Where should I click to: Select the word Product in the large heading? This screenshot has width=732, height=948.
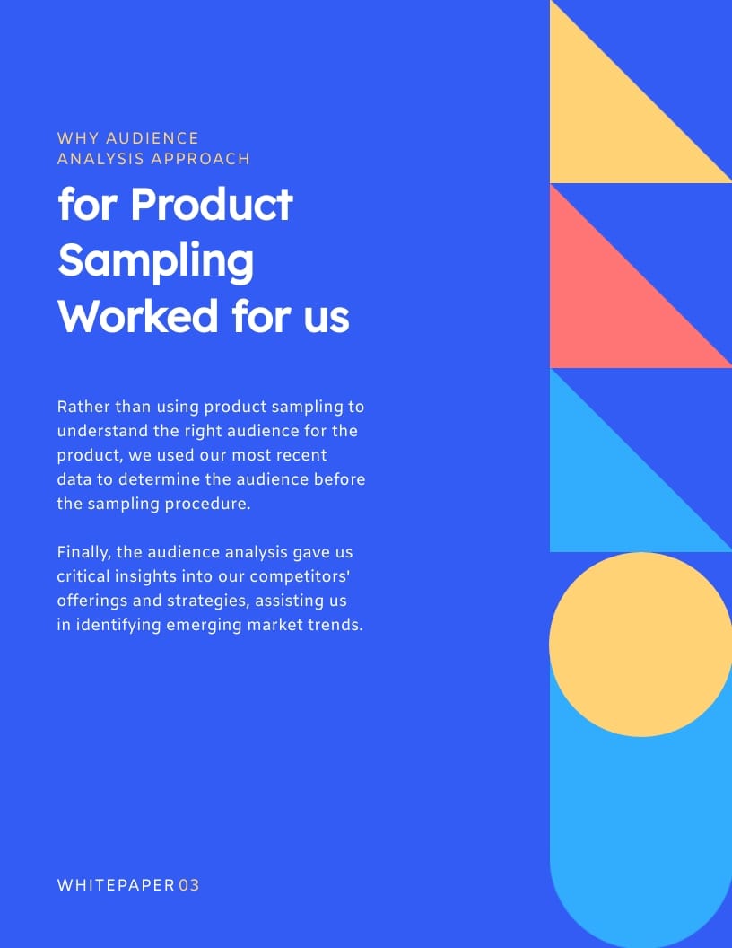(x=212, y=205)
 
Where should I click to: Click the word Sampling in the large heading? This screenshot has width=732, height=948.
(x=156, y=261)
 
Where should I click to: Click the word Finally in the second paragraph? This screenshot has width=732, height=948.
(x=83, y=552)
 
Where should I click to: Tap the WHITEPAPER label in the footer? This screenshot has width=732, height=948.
(x=115, y=885)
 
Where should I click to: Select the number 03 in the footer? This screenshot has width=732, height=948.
(x=188, y=885)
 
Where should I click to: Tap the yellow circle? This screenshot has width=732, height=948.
(x=640, y=645)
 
